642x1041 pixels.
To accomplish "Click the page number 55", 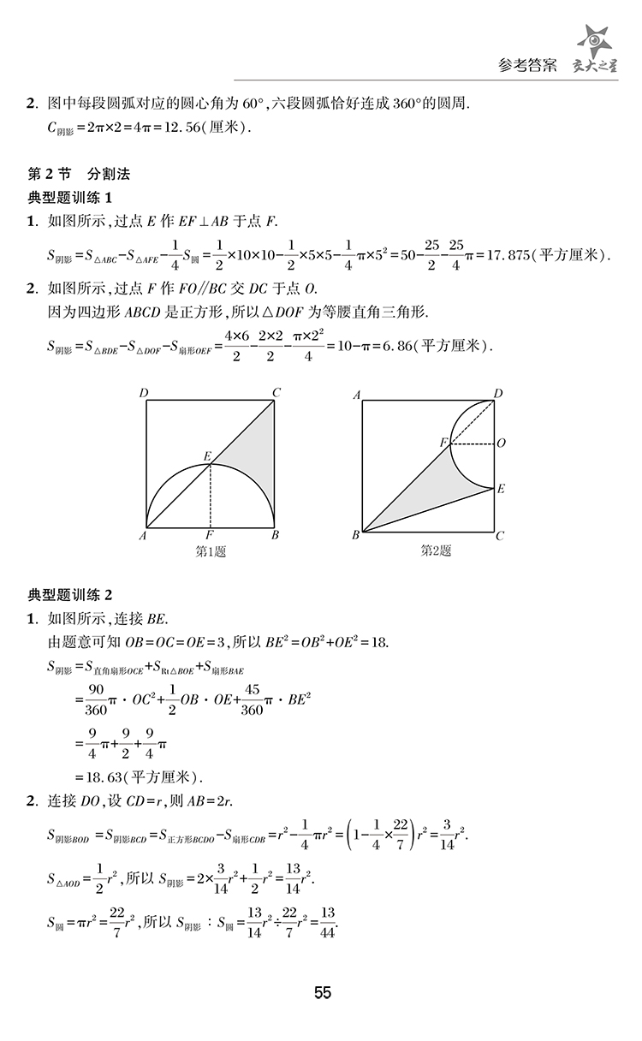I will point(322,993).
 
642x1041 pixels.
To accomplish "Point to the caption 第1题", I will point(211,551).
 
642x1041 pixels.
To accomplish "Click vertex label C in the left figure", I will point(276,393).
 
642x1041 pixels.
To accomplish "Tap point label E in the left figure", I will point(206,455).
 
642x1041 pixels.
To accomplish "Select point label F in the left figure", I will point(210,537).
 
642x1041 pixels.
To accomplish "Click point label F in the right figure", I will point(443,442).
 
